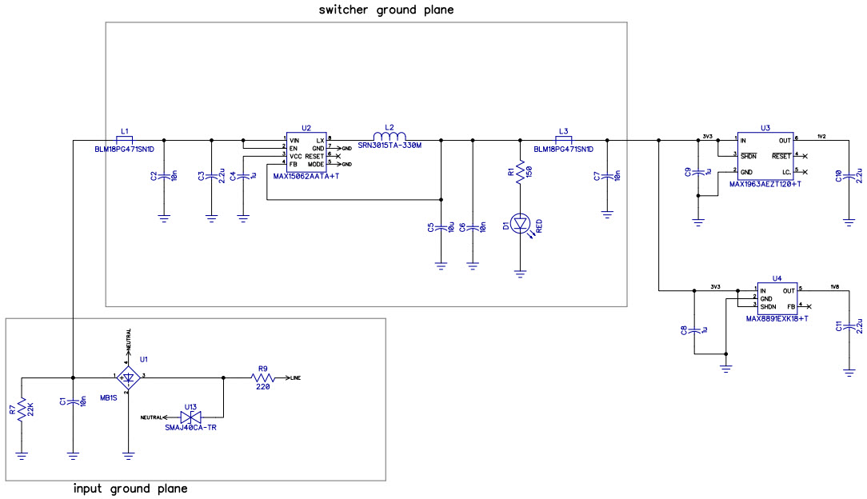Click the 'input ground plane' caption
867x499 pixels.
click(130, 489)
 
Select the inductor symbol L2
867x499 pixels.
click(390, 136)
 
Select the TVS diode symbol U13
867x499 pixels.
click(190, 417)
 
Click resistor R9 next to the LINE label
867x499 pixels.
click(263, 377)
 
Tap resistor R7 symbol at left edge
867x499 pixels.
click(22, 410)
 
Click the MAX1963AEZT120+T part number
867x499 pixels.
click(765, 183)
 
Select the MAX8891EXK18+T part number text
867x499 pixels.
click(777, 318)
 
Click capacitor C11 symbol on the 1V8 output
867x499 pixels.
click(849, 327)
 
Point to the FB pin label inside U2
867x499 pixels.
click(294, 163)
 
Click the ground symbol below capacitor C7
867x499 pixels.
click(607, 214)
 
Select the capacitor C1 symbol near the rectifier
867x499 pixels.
click(73, 403)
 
